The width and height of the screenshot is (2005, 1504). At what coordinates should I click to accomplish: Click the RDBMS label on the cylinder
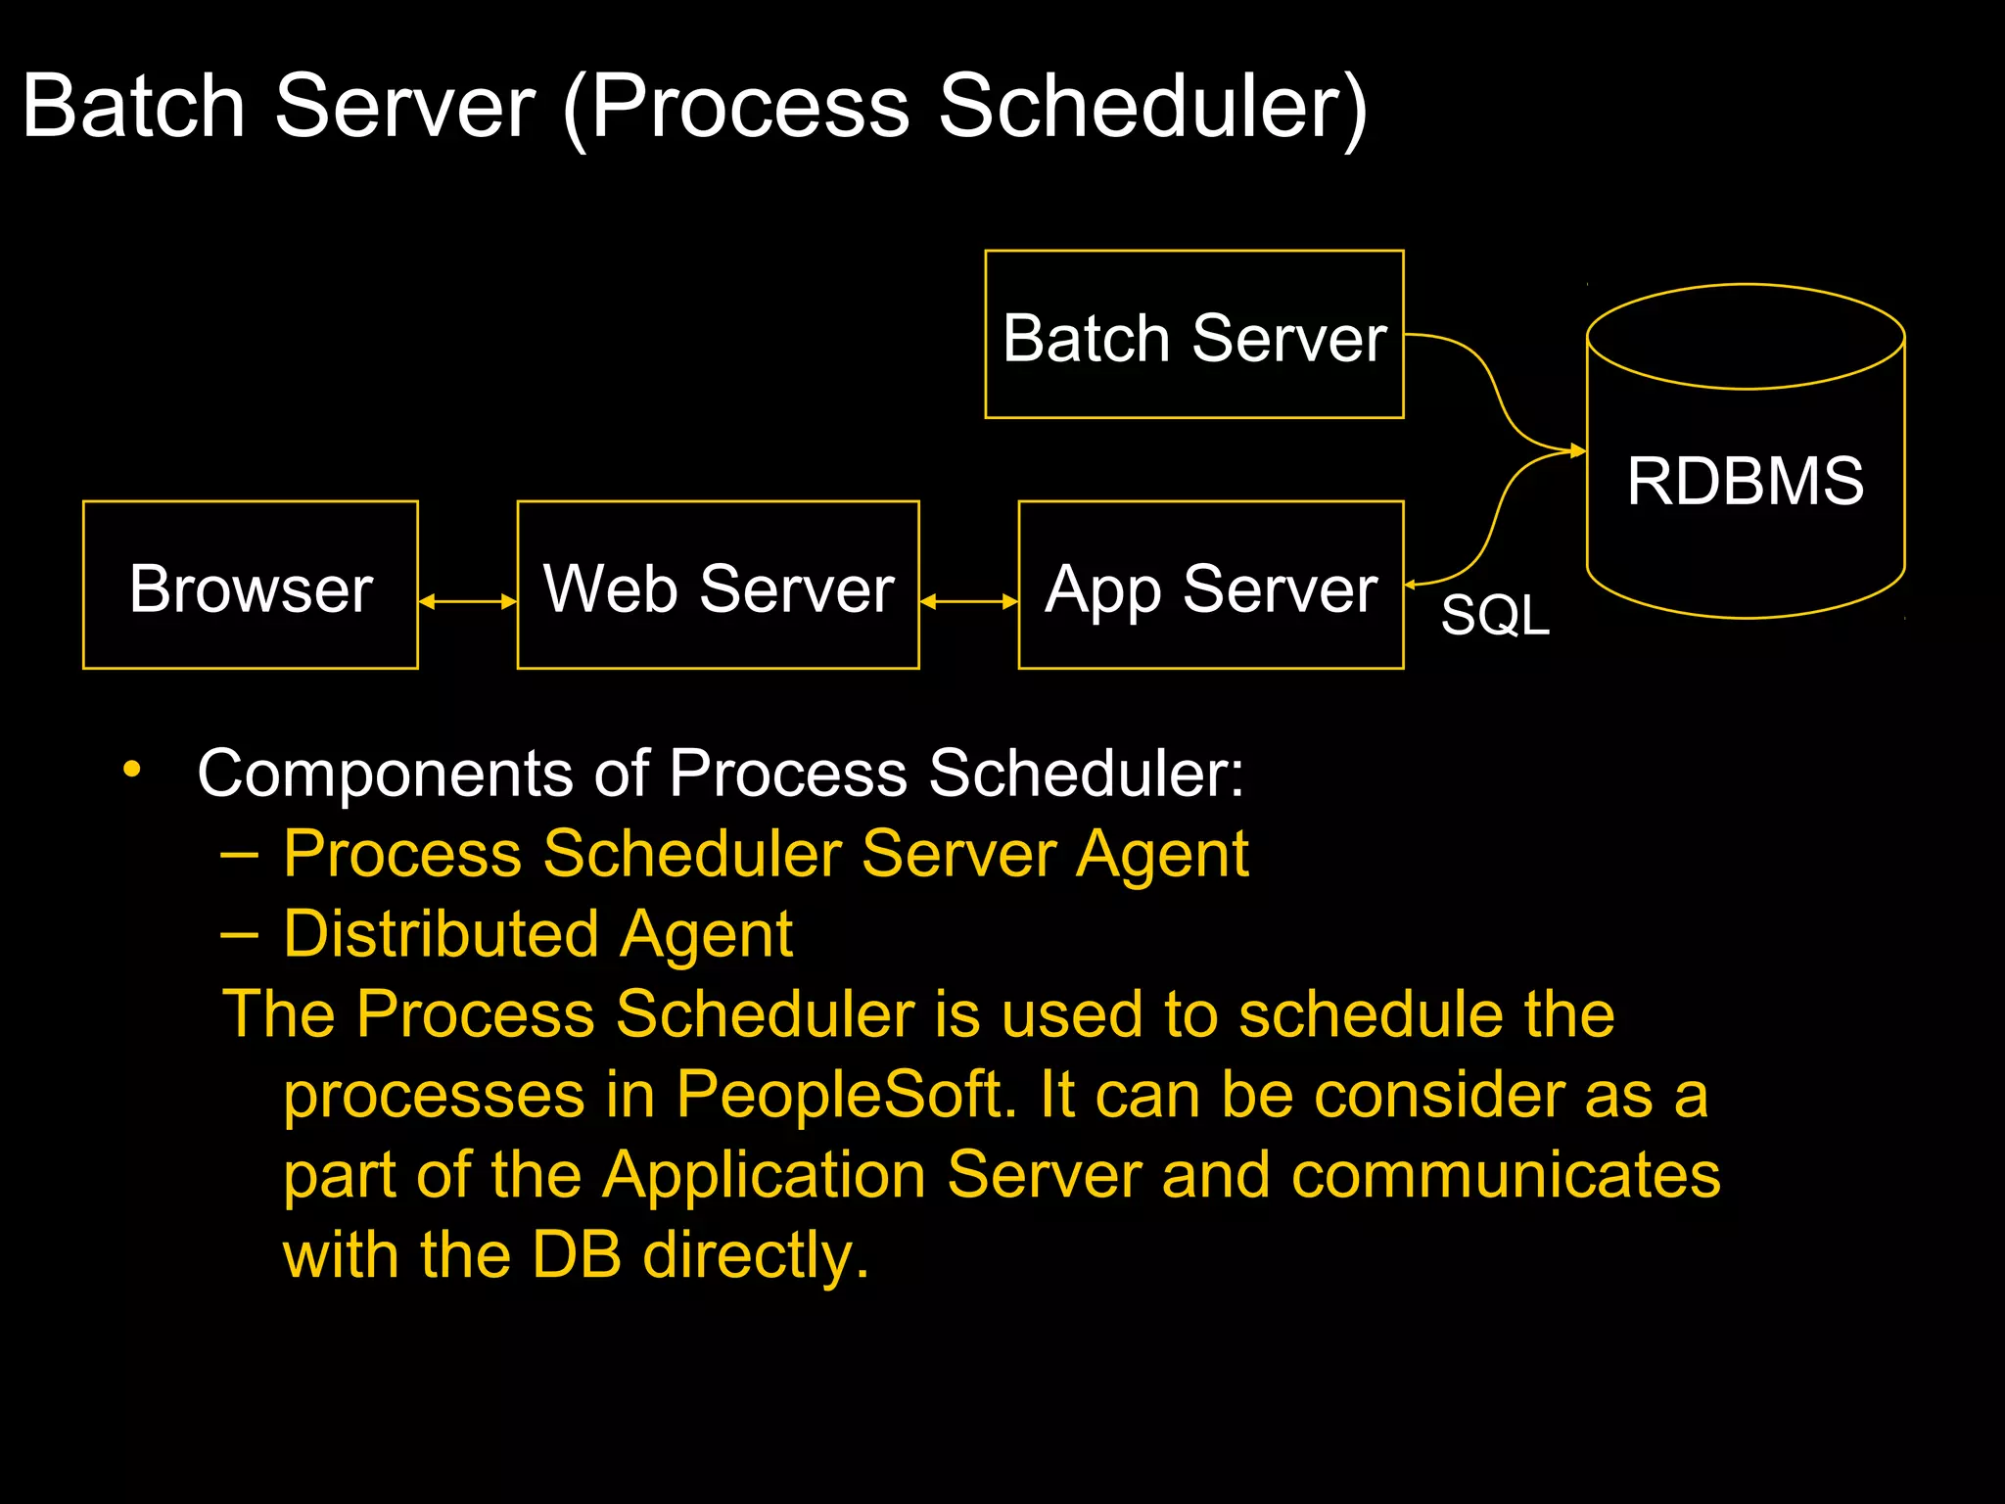[1745, 481]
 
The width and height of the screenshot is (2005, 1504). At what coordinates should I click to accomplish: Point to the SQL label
[1494, 616]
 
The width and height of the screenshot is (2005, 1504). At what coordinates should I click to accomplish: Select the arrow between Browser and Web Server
[467, 601]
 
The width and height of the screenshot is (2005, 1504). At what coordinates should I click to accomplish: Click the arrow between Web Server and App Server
[968, 601]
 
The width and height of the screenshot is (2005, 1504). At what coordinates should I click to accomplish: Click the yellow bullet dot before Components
[132, 769]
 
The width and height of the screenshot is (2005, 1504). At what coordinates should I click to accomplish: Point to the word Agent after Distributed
[705, 934]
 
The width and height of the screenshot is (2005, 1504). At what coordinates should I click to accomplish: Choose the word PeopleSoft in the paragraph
[839, 1094]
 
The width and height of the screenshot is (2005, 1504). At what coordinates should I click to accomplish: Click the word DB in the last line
[576, 1254]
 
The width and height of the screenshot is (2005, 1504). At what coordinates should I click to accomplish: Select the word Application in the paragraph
[764, 1174]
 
